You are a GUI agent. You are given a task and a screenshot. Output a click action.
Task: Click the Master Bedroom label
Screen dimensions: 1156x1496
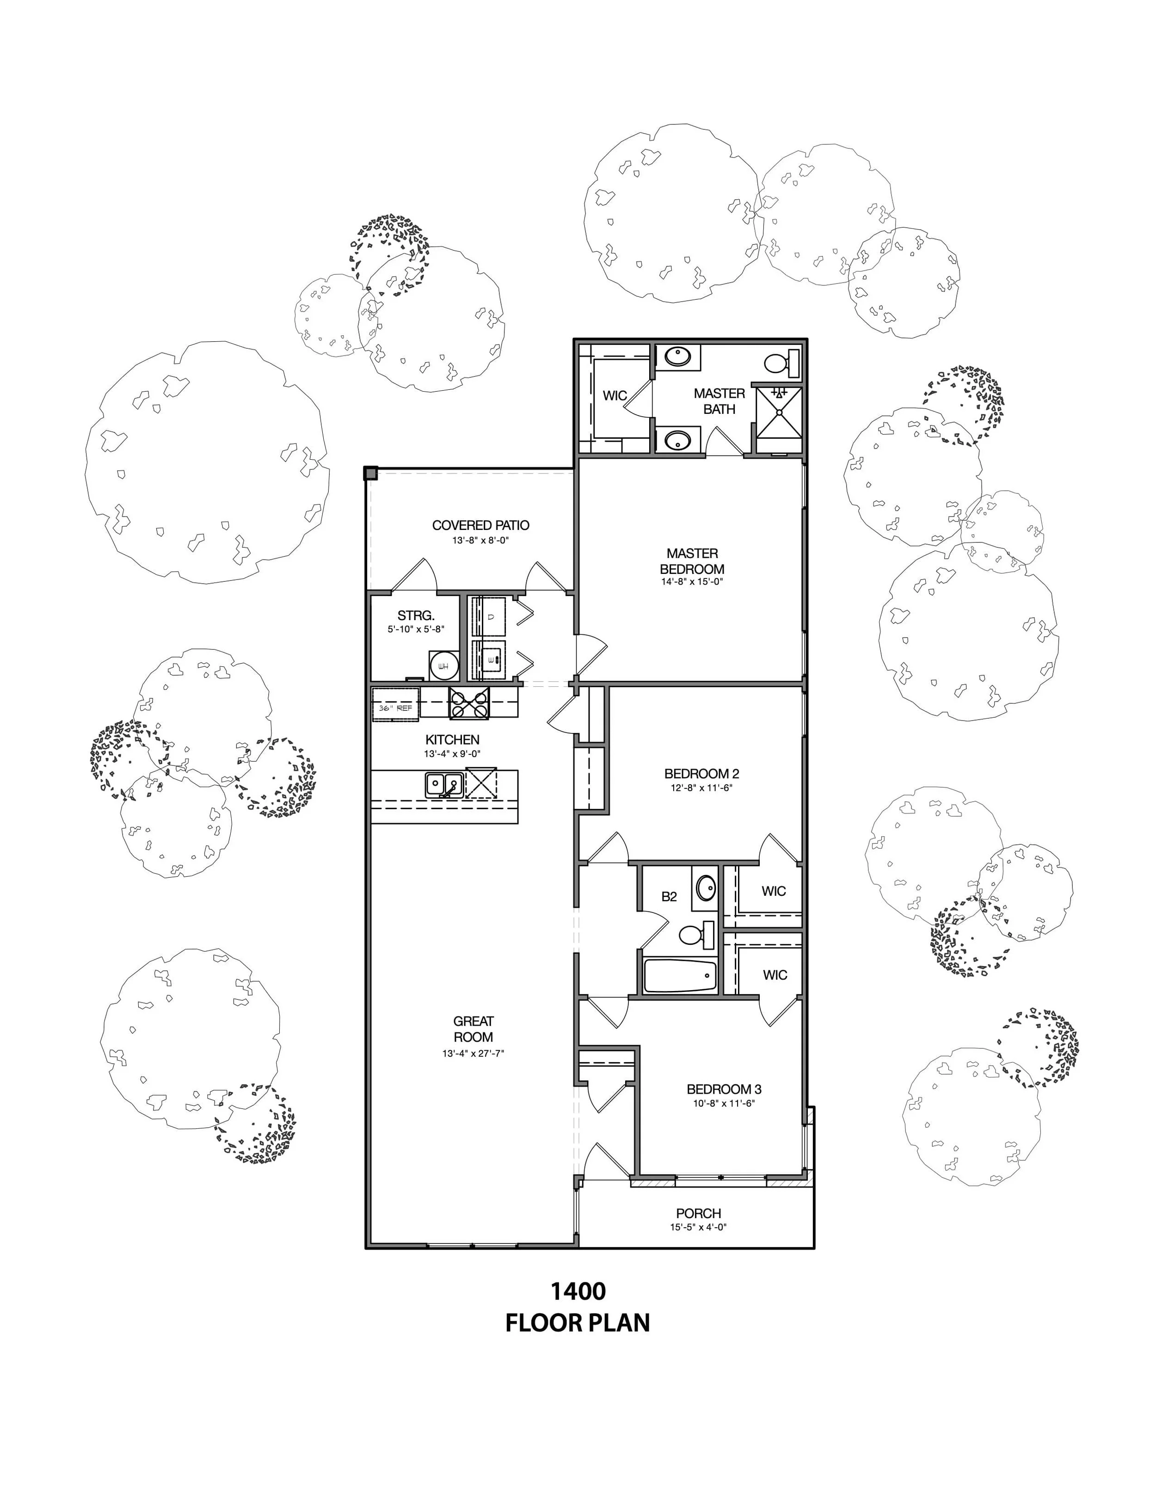pos(692,560)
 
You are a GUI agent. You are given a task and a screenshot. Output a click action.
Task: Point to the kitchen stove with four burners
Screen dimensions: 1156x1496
pos(469,703)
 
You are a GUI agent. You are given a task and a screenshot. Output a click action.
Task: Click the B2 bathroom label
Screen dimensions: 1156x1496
pos(669,896)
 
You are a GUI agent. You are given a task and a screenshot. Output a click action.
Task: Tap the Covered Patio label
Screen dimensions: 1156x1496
pos(481,525)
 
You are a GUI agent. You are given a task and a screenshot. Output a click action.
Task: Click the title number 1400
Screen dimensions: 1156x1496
pos(578,1291)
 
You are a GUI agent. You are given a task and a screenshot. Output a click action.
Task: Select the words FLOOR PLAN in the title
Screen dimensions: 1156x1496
pos(578,1323)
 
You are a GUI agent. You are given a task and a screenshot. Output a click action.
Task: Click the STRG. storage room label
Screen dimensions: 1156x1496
pos(416,615)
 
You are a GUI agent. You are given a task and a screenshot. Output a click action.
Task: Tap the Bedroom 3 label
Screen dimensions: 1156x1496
pos(724,1089)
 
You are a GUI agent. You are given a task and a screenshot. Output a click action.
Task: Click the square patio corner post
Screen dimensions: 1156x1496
pos(370,473)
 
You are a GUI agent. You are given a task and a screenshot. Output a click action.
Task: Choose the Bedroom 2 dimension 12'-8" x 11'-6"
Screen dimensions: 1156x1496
pos(701,788)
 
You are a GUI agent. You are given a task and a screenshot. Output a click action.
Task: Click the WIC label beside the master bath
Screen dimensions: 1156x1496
pos(614,395)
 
